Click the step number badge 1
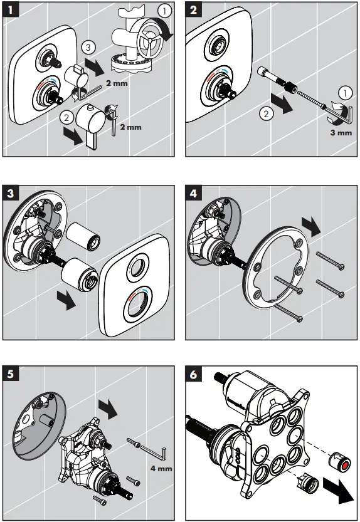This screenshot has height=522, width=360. click(x=9, y=10)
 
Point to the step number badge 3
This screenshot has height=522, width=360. click(x=9, y=192)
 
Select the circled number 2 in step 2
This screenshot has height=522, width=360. click(x=265, y=114)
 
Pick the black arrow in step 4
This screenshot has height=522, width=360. click(x=311, y=224)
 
